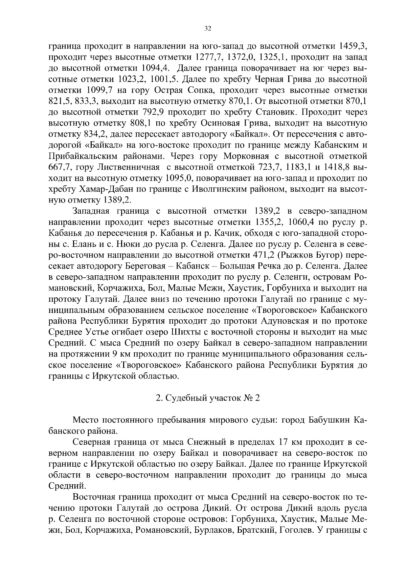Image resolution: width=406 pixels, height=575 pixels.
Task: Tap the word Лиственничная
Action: pyautogui.click(x=129, y=168)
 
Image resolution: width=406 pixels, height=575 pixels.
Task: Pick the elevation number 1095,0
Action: pyautogui.click(x=179, y=178)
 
